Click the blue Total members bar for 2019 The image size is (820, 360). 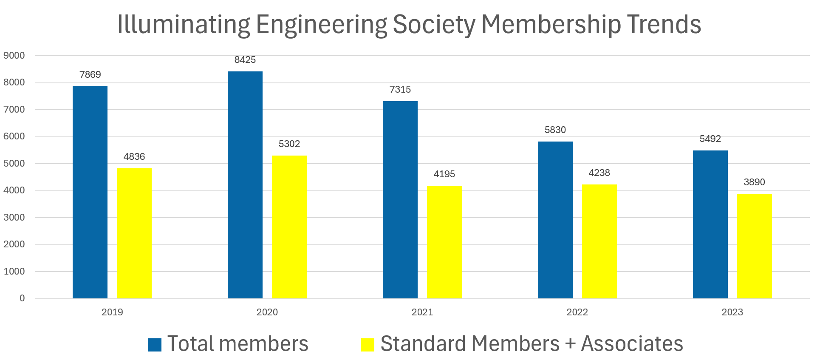click(x=90, y=192)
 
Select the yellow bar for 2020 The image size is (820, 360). click(x=289, y=227)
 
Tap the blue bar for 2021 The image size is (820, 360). click(x=400, y=200)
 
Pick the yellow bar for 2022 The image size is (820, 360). click(x=599, y=241)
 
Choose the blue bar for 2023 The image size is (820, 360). click(x=710, y=224)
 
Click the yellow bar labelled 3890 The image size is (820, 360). click(x=754, y=246)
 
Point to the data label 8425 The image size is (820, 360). click(x=245, y=60)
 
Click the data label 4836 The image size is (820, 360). click(x=134, y=157)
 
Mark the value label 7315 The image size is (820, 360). click(x=400, y=90)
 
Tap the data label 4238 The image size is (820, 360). click(x=599, y=173)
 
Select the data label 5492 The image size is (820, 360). click(x=710, y=139)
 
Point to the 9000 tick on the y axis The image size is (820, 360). click(x=14, y=56)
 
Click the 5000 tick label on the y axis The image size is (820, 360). click(x=14, y=164)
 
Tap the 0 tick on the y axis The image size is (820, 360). click(x=22, y=298)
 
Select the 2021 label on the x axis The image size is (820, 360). click(x=422, y=312)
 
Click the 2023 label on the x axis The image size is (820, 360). click(x=732, y=312)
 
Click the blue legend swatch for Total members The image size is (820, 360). click(x=155, y=345)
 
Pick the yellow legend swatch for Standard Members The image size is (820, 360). click(x=368, y=345)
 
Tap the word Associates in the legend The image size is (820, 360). click(x=632, y=344)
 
